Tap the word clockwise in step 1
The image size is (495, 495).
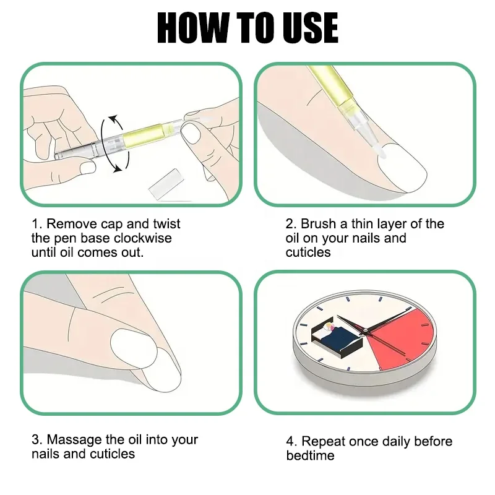[143, 238]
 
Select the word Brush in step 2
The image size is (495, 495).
[318, 224]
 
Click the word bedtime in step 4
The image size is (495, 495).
[311, 455]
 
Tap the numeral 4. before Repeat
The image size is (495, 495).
[291, 441]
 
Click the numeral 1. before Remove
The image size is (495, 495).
[37, 224]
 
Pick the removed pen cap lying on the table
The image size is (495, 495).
[166, 184]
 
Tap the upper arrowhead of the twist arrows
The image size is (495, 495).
[113, 119]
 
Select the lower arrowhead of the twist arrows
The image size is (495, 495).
[118, 169]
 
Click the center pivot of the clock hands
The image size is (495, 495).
[365, 330]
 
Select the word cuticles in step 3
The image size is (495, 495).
[113, 454]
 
